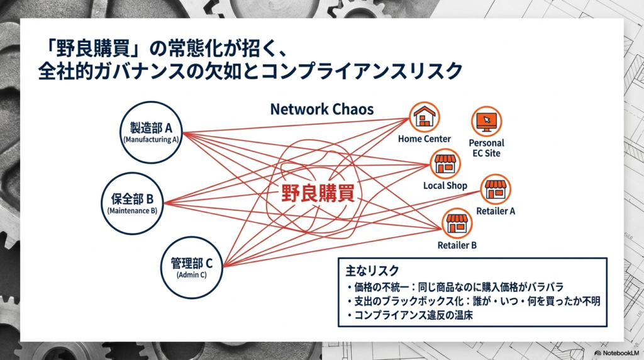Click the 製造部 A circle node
pos(151,133)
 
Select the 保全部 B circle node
pos(132,204)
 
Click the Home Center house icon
pos(425,116)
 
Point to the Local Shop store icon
pos(445,164)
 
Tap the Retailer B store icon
pos(457,223)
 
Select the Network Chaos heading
pos(321,109)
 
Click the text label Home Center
pos(424,138)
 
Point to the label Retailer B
pos(457,245)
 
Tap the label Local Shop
pos(445,186)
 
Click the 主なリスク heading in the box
pos(372,271)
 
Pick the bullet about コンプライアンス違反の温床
pos(409,316)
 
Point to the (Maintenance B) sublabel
pos(132,211)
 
